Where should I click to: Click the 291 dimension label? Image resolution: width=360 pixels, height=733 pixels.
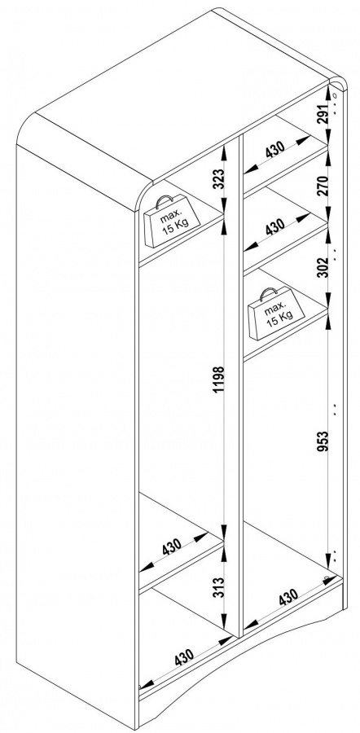click(x=323, y=112)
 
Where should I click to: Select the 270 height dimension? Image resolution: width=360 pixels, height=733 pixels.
click(x=323, y=185)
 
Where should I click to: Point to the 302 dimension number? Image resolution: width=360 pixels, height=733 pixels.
click(x=323, y=267)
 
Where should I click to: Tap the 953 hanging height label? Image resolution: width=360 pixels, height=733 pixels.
click(x=323, y=441)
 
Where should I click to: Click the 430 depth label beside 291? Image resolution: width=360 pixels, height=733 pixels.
click(x=275, y=150)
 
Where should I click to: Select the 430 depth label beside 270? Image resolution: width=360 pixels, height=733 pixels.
click(x=275, y=226)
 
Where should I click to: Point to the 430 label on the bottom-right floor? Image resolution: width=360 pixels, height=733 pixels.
click(x=288, y=597)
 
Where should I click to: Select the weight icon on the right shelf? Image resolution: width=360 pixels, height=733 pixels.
click(x=276, y=314)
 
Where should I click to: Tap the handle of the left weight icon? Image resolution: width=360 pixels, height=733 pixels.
click(x=164, y=201)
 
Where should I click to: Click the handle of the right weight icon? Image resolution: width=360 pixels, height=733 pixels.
click(x=268, y=293)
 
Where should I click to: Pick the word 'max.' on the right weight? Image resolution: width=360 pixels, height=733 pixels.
click(x=274, y=309)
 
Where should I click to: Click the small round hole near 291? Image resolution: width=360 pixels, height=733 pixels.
click(x=334, y=96)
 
